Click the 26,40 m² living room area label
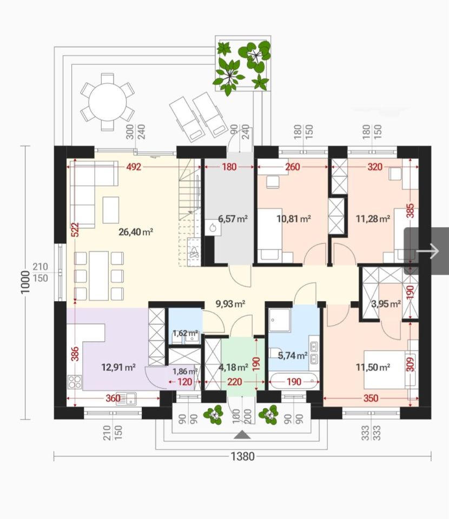[136, 232]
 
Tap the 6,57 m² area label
[233, 218]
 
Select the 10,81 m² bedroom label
[293, 218]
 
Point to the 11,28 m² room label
[373, 218]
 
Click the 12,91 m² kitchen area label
[118, 367]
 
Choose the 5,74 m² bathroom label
[292, 356]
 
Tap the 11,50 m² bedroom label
[373, 367]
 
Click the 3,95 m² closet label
[386, 303]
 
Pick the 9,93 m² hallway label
[230, 303]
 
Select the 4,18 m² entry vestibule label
[234, 367]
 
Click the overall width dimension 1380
[243, 456]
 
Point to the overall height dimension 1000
[25, 282]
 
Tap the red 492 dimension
[134, 167]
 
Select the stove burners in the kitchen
[75, 382]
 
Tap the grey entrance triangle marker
[242, 435]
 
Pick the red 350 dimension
[371, 398]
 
